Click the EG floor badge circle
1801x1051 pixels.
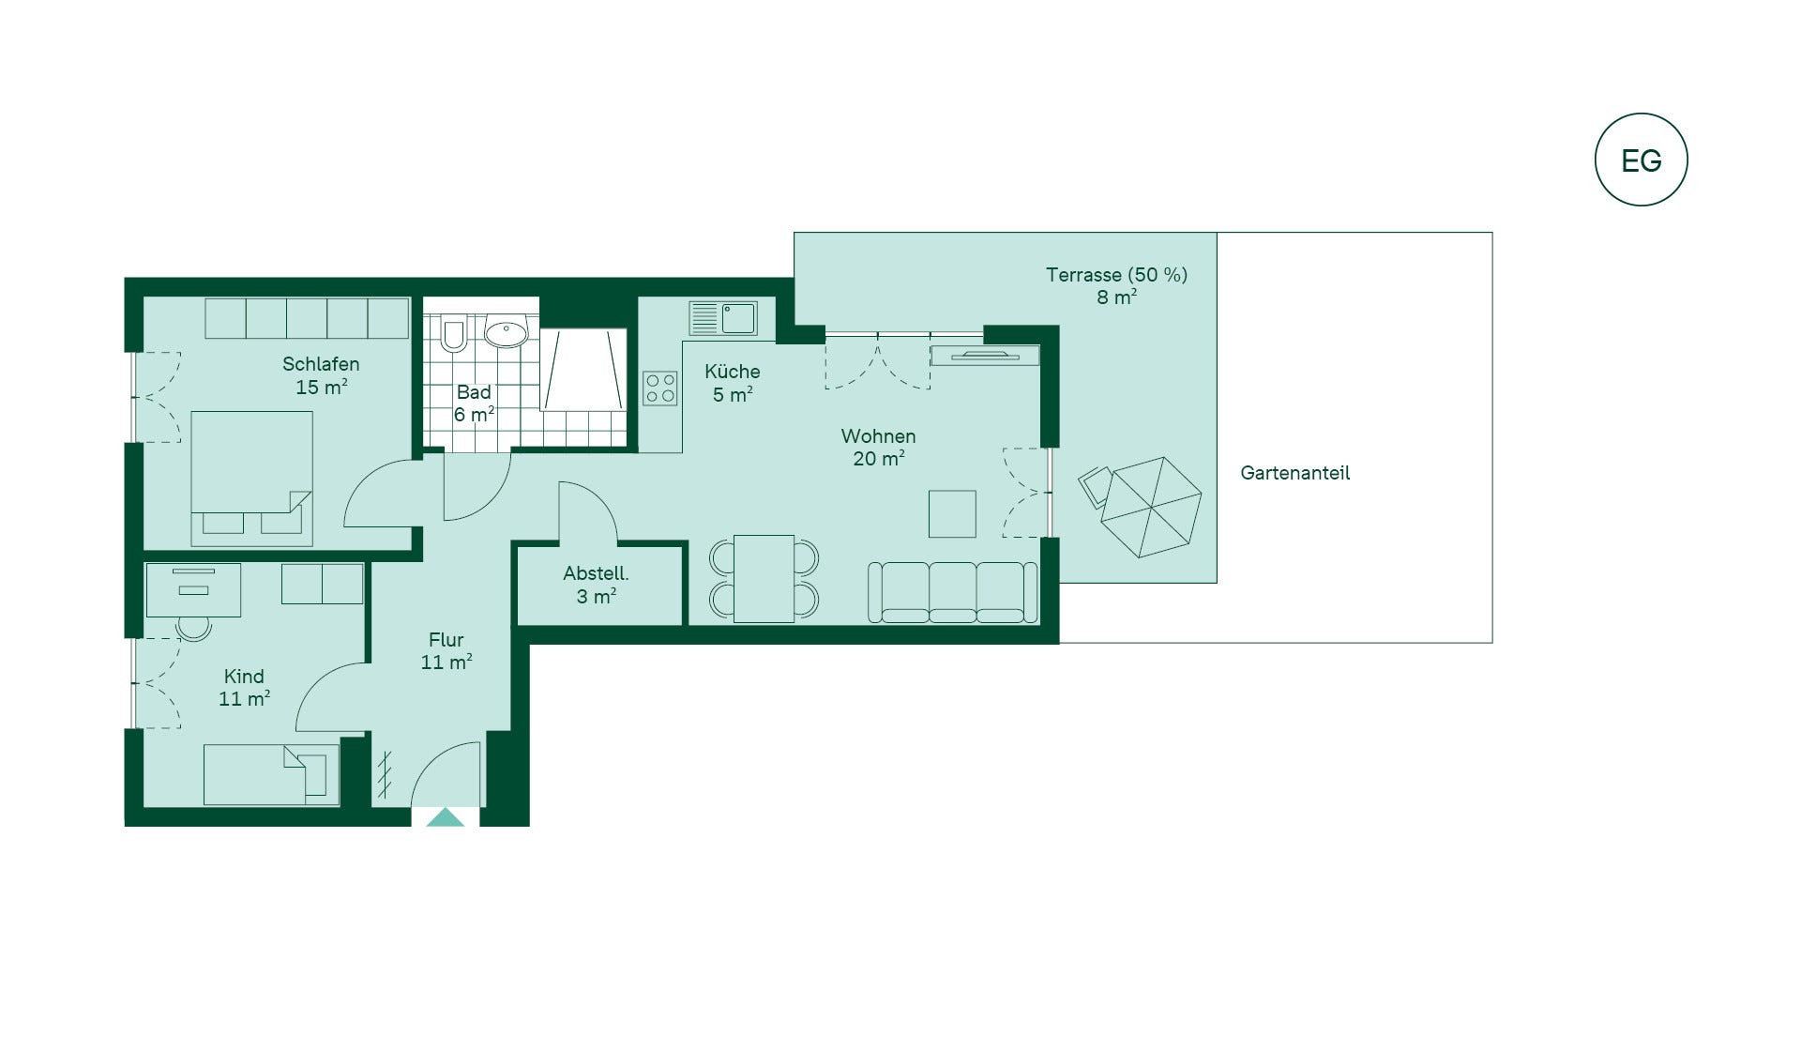click(x=1642, y=114)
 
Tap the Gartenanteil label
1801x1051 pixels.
click(x=1294, y=473)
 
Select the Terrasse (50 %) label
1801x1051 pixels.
click(x=1116, y=275)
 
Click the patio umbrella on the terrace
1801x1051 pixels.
click(x=1151, y=507)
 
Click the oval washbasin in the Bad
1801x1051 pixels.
click(x=507, y=333)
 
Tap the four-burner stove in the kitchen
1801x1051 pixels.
click(x=660, y=388)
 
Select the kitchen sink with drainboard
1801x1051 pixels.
click(x=723, y=318)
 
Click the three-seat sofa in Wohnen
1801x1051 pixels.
click(x=952, y=592)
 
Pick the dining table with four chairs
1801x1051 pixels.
click(x=764, y=578)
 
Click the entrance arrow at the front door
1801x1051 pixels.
click(x=446, y=817)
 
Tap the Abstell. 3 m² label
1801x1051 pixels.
click(x=596, y=585)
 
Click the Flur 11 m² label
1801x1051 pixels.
click(x=446, y=650)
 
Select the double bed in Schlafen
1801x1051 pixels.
click(x=251, y=478)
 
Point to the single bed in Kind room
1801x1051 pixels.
click(x=271, y=775)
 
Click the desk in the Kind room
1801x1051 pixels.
click(x=192, y=589)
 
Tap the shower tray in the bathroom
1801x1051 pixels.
click(x=583, y=370)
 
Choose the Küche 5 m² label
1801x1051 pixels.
click(x=732, y=383)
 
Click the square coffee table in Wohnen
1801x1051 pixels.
click(x=952, y=513)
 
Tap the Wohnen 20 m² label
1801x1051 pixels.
click(x=878, y=447)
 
